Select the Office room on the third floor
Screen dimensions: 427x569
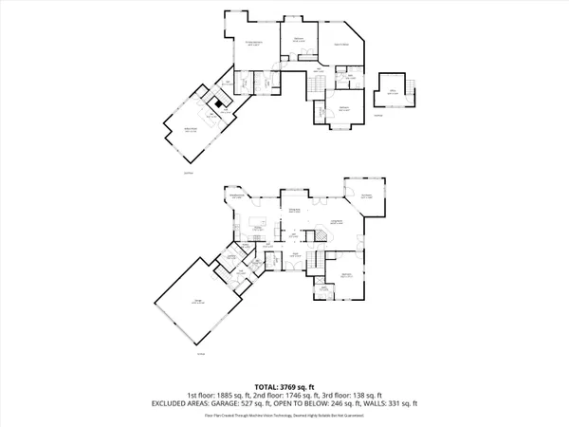391,92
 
